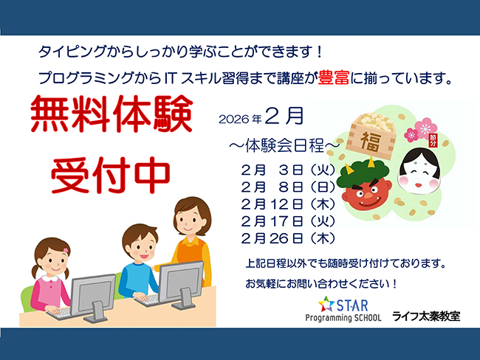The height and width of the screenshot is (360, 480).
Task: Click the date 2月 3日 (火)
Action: click(x=288, y=170)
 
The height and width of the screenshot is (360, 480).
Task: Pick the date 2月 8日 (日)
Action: click(x=288, y=187)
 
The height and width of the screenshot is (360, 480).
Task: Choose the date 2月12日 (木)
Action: click(x=288, y=204)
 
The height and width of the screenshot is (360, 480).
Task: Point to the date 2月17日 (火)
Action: click(x=288, y=221)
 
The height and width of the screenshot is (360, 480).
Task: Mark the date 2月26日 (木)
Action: click(x=288, y=238)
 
